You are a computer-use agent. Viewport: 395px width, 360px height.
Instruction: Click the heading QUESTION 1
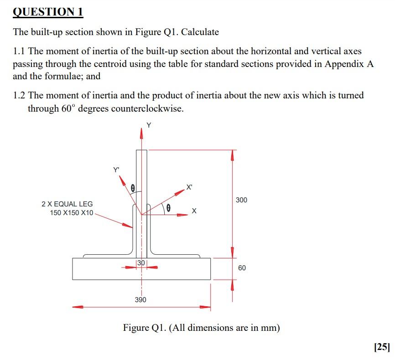(48, 12)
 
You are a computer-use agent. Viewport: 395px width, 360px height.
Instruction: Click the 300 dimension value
(242, 200)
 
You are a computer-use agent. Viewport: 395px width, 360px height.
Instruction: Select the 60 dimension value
(242, 268)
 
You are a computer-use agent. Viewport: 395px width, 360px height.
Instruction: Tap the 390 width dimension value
(140, 300)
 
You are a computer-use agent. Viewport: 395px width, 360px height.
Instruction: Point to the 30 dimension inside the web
(141, 262)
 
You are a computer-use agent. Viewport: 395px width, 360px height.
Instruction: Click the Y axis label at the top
(148, 125)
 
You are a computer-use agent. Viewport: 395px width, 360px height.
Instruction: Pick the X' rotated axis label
(189, 187)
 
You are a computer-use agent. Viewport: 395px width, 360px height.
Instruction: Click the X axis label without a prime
(194, 211)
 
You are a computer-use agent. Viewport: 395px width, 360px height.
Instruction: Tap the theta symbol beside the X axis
(169, 208)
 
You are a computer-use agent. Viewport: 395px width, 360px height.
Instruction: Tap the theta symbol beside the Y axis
(133, 187)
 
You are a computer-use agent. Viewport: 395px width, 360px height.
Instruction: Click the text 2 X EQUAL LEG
(67, 204)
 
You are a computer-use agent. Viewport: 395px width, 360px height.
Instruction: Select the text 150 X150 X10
(72, 213)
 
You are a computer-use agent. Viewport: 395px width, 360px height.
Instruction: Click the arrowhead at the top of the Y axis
(141, 132)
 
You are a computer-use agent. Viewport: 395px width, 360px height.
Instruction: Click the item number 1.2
(19, 96)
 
